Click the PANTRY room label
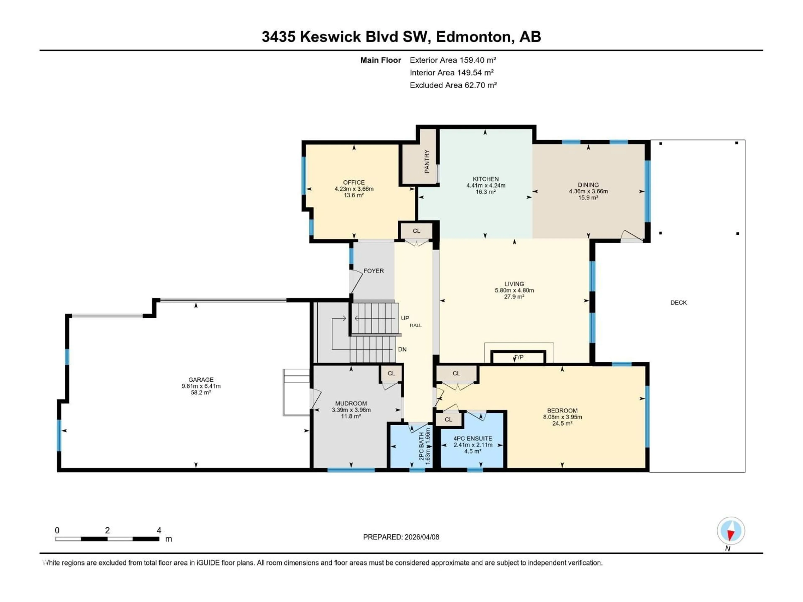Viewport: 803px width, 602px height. coord(427,162)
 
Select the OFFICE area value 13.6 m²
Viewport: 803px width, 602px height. coord(354,195)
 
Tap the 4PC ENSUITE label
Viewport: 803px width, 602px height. coord(473,438)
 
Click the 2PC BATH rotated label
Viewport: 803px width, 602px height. coord(421,446)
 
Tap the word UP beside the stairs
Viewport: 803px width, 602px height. coord(405,318)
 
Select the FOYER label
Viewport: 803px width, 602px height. coord(373,271)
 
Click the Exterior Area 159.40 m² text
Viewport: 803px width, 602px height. coord(453,60)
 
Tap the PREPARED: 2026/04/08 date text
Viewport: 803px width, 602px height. coord(401,537)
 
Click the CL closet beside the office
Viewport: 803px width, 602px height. coord(416,231)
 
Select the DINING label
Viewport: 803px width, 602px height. coord(588,185)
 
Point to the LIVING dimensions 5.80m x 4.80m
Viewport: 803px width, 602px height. coord(514,290)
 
